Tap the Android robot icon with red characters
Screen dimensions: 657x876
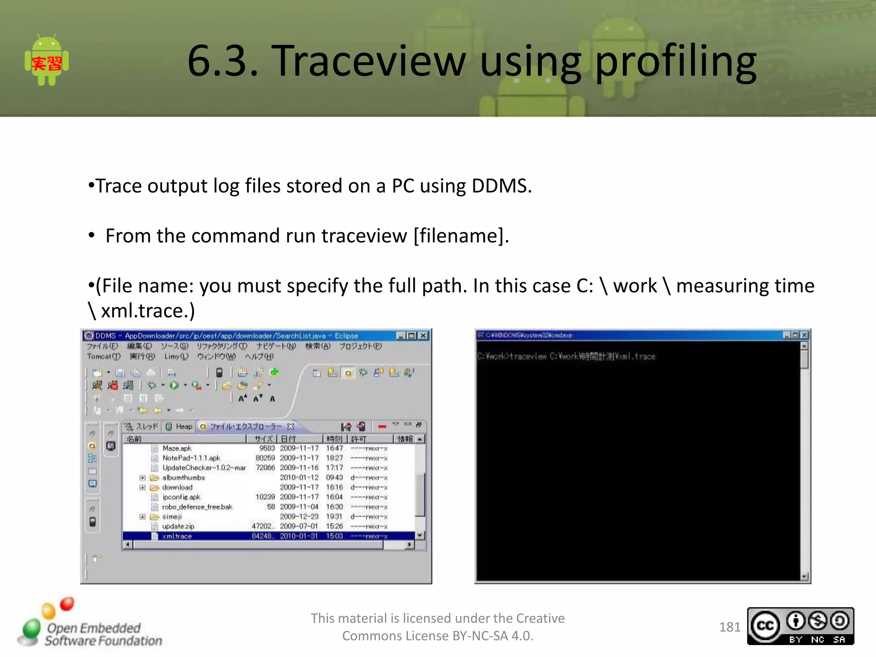[47, 61]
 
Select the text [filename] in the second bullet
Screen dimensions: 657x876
[461, 236]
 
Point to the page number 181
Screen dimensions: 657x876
[729, 627]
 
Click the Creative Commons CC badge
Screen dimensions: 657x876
[800, 626]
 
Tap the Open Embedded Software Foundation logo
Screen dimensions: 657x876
[90, 627]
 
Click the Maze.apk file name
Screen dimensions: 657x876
[177, 448]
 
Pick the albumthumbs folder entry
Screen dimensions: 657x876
[183, 478]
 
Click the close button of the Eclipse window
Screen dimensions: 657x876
[423, 336]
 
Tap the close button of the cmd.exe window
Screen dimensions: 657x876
[804, 335]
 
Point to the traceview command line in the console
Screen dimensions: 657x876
[566, 356]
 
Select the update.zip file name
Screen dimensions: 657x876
[178, 527]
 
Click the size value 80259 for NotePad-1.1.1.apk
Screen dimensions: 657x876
[265, 458]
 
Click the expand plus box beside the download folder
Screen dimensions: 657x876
[142, 488]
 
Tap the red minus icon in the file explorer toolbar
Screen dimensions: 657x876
[382, 426]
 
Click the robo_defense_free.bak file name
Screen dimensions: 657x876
[197, 507]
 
